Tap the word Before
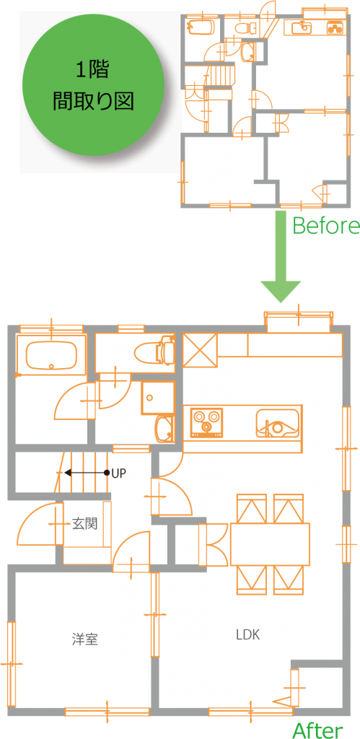[326, 226]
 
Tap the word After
[317, 730]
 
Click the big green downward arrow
[281, 257]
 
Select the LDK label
[248, 634]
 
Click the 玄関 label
[85, 523]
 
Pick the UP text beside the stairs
[119, 473]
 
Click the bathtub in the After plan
[51, 356]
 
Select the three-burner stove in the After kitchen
[206, 421]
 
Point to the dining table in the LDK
[270, 544]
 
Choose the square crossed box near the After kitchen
[201, 350]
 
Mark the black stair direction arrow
[87, 472]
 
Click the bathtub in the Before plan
[201, 27]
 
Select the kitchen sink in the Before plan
[302, 28]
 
